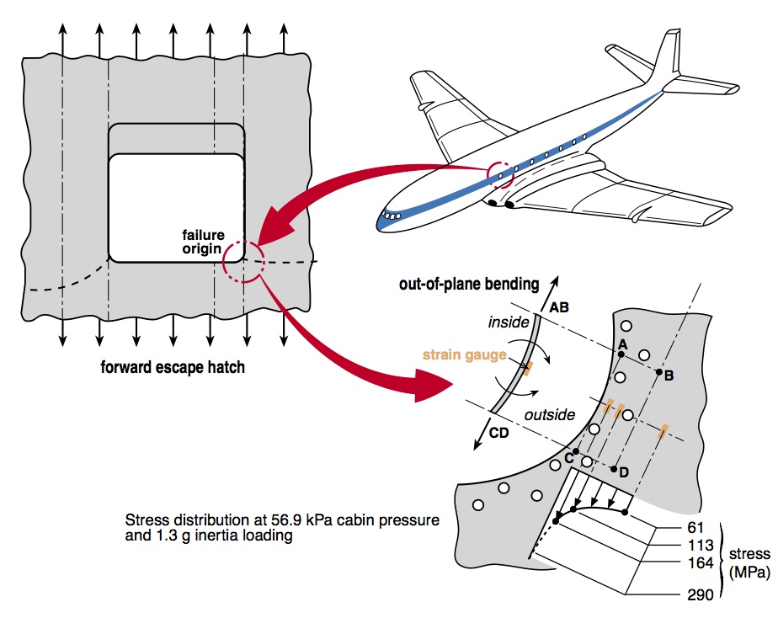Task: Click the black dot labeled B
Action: coord(658,371)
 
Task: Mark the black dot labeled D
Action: coord(615,469)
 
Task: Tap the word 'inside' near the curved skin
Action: coord(509,322)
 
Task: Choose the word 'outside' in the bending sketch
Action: coord(550,414)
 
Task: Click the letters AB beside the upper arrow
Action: coord(559,308)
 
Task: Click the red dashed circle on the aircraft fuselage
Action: coord(499,175)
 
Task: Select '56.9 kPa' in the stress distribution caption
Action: coord(304,519)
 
